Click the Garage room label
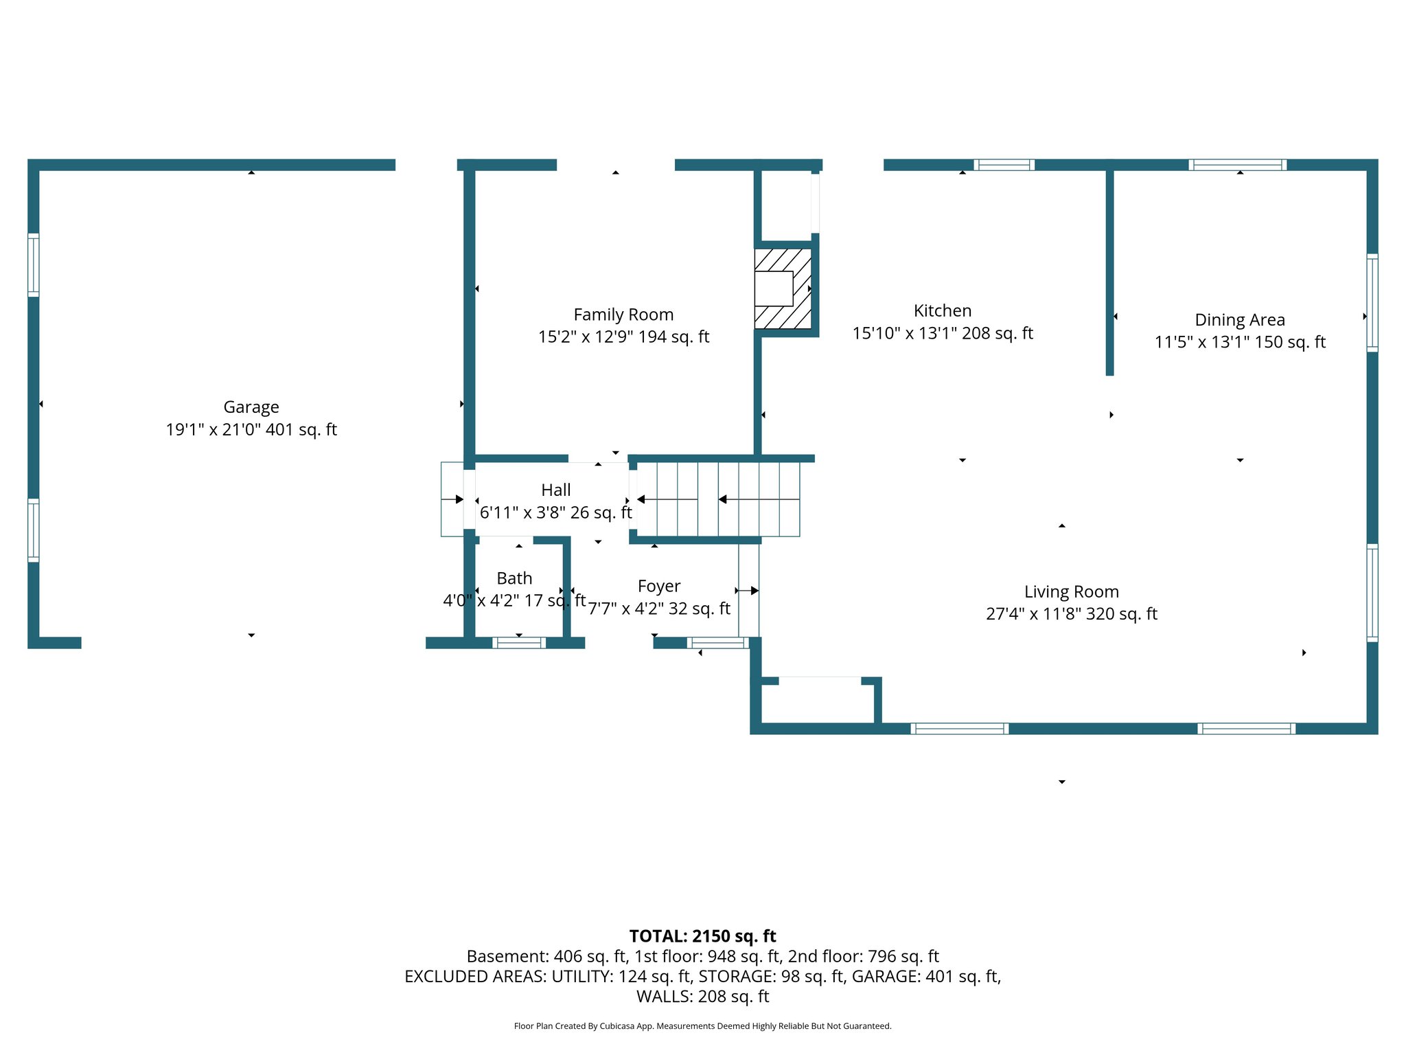tap(251, 407)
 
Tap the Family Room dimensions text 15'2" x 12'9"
tap(623, 337)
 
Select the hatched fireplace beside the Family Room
tap(783, 288)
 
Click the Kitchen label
tap(942, 310)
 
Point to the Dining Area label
tap(1239, 320)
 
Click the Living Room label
tap(1071, 591)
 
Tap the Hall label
tap(555, 490)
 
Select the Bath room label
tap(514, 578)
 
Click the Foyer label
tap(658, 586)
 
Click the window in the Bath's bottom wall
tap(519, 643)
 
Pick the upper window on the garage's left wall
tap(33, 265)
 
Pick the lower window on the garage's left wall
tap(33, 530)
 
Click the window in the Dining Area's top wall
tap(1238, 165)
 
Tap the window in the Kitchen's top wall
tap(1004, 165)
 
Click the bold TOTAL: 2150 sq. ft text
tap(702, 936)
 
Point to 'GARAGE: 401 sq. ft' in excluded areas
tap(925, 976)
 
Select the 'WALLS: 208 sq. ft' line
tap(702, 996)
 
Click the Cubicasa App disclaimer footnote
tap(702, 1026)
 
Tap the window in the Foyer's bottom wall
tap(717, 643)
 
